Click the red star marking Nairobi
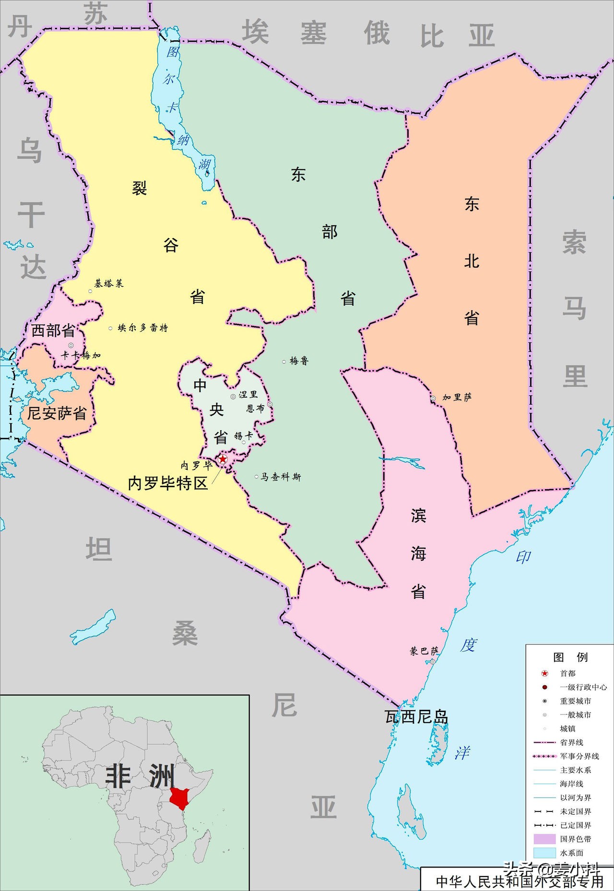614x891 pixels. (223, 459)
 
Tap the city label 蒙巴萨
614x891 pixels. (424, 651)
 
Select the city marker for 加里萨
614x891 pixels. (433, 398)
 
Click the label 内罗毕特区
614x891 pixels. (168, 483)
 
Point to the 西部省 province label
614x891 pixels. (53, 330)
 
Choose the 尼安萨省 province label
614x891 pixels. (57, 413)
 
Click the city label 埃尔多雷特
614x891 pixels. (142, 328)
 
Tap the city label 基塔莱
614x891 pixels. (108, 283)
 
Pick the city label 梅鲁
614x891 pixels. (299, 361)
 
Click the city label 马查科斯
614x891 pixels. (281, 477)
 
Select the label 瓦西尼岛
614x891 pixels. (416, 716)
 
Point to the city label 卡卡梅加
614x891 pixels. (81, 355)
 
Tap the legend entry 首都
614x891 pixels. (567, 673)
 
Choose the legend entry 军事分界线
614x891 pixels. (579, 756)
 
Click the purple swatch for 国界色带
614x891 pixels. (544, 839)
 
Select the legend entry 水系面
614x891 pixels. (571, 853)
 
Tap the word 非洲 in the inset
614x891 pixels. (139, 775)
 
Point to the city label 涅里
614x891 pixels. (248, 394)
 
